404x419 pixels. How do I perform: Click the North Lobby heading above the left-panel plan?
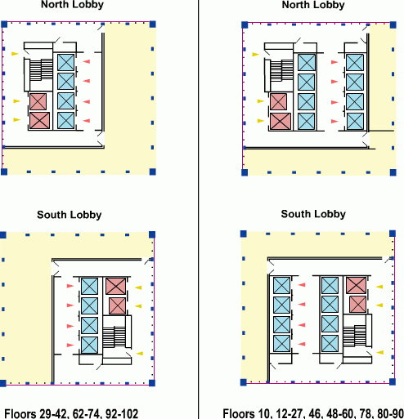pyautogui.click(x=72, y=5)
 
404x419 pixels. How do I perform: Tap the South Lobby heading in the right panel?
pyautogui.click(x=313, y=214)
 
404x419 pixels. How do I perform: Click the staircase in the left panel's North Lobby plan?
pyautogui.click(x=41, y=69)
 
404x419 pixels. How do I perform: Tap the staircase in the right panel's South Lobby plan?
pyautogui.click(x=354, y=336)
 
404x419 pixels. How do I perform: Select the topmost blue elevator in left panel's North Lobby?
pyautogui.click(x=65, y=62)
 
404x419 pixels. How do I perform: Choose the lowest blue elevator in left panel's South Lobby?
pyautogui.click(x=89, y=345)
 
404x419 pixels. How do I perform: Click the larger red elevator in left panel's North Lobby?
pyautogui.click(x=39, y=120)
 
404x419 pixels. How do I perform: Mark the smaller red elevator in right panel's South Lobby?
pyautogui.click(x=357, y=304)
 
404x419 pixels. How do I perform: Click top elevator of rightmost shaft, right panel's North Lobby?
pyautogui.click(x=355, y=63)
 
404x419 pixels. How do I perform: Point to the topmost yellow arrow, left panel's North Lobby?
pyautogui.click(x=15, y=54)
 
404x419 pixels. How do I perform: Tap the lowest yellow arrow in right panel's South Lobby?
pyautogui.click(x=380, y=352)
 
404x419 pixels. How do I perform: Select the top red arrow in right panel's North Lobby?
pyautogui.click(x=334, y=62)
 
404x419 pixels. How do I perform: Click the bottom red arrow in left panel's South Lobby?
pyautogui.click(x=70, y=345)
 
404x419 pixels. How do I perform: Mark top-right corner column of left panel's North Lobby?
pyautogui.click(x=153, y=25)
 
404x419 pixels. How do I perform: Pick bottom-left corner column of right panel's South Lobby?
pyautogui.click(x=244, y=382)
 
